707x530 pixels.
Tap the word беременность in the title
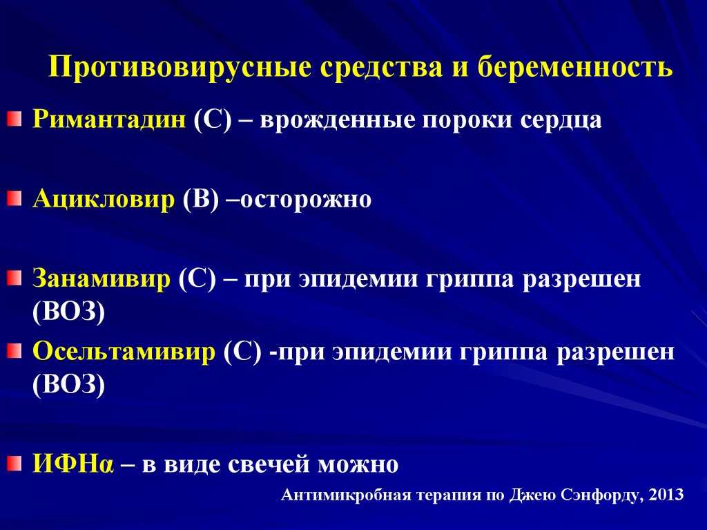click(x=575, y=67)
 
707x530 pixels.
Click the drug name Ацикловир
click(x=104, y=199)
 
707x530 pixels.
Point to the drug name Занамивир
click(x=101, y=278)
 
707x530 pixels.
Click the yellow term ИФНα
click(x=73, y=464)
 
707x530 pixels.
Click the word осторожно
click(x=306, y=200)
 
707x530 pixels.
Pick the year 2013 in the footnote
click(x=666, y=495)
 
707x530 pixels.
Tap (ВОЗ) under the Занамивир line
click(x=68, y=312)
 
